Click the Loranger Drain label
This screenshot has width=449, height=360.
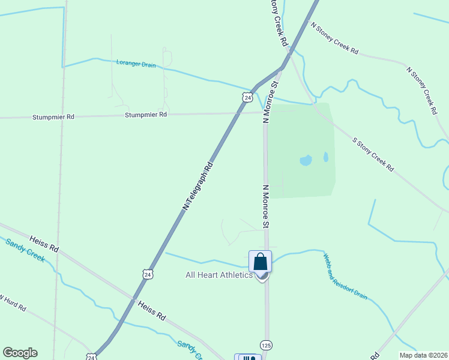tap(136, 63)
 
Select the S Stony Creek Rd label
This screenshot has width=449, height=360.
tap(373, 154)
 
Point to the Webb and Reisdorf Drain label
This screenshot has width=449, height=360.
tap(345, 277)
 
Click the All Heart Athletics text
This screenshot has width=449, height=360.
tap(218, 275)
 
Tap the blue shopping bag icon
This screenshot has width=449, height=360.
tap(261, 262)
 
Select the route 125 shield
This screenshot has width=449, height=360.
tap(267, 345)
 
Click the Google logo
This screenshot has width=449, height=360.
tap(20, 353)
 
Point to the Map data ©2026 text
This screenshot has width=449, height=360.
tap(423, 355)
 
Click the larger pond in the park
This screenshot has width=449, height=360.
tap(306, 160)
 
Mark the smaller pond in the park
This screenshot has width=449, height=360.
tap(326, 157)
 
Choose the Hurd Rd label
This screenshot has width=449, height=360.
tap(13, 302)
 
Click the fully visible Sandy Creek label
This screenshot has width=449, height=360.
tap(25, 250)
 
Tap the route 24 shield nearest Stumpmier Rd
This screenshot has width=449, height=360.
tap(247, 97)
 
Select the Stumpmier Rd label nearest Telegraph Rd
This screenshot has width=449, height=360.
tap(146, 114)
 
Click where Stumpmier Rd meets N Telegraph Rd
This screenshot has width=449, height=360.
tap(241, 112)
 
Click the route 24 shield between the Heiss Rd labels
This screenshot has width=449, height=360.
tap(148, 274)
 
